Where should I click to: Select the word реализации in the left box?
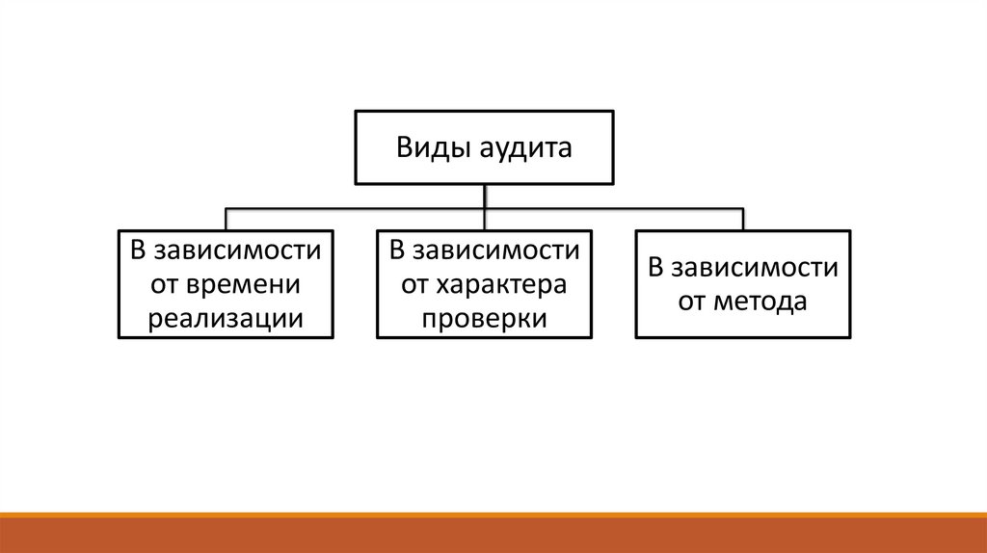click(226, 318)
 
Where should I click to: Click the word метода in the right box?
click(760, 302)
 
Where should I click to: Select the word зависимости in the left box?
click(238, 251)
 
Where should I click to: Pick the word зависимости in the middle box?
click(496, 251)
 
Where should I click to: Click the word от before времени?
click(165, 284)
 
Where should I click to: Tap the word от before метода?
click(693, 302)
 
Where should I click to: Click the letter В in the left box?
click(138, 251)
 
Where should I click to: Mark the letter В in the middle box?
click(396, 251)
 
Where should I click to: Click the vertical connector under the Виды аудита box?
click(484, 196)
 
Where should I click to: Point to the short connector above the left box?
click(227, 219)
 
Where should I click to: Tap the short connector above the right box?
click(743, 219)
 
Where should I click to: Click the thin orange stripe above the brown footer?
click(493, 515)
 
